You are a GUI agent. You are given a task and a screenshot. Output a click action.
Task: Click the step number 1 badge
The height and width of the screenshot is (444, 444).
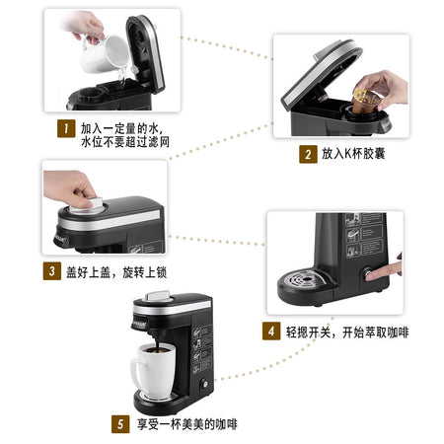click(x=66, y=128)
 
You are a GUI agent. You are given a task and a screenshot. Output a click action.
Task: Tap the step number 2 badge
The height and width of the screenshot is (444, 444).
click(x=308, y=154)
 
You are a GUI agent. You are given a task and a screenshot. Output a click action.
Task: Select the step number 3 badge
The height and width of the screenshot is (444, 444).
click(x=52, y=271)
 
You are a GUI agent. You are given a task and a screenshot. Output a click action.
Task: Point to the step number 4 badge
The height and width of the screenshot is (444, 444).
click(x=271, y=331)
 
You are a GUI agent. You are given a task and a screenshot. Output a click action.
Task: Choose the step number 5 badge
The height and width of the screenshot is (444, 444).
click(x=120, y=424)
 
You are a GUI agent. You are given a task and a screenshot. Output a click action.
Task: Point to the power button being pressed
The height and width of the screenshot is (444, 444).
click(x=367, y=274)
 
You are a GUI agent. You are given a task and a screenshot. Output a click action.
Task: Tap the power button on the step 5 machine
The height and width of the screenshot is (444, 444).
click(x=204, y=384)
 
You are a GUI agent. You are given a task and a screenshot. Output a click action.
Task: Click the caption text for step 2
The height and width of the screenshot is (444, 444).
click(x=353, y=154)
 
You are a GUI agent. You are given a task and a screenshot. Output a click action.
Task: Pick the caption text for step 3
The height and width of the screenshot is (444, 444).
click(x=116, y=272)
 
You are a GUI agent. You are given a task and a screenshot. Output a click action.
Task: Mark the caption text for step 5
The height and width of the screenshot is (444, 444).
click(x=187, y=424)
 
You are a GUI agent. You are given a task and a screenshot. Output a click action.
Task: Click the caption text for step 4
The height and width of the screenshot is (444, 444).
click(x=347, y=333)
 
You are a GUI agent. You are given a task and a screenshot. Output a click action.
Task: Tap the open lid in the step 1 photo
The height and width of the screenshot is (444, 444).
click(x=145, y=53)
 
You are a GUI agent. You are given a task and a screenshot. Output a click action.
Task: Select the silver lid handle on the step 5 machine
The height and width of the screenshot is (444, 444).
click(x=159, y=296)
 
